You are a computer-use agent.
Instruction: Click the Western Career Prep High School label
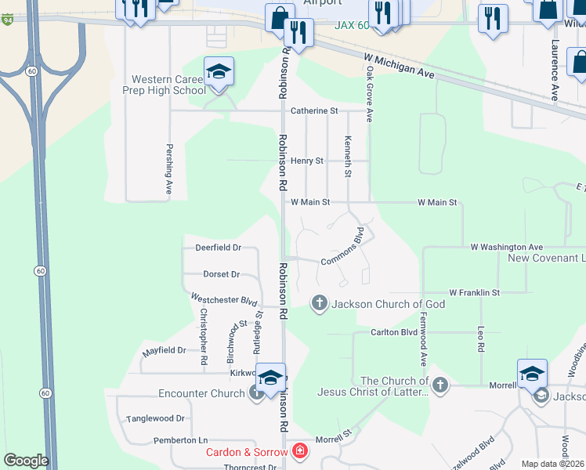[168, 85]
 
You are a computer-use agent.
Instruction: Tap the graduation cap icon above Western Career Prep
[219, 73]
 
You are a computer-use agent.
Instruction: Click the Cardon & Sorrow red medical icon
[298, 451]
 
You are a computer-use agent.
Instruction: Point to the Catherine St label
[313, 111]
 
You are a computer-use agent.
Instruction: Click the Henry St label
[307, 161]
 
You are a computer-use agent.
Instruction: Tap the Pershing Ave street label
[168, 168]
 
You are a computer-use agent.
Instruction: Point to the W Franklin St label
[474, 292]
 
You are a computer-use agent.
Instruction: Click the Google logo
[26, 461]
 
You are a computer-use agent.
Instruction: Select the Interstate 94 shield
[6, 20]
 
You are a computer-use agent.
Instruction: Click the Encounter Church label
[202, 393]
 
